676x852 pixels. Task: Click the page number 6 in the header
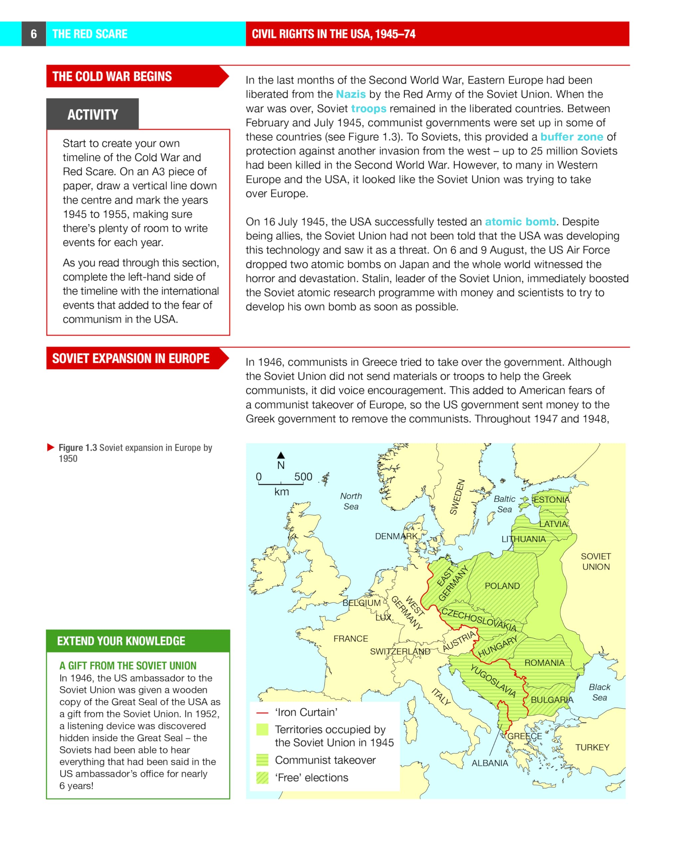pos(34,34)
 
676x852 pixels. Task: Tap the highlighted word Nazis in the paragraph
pos(350,94)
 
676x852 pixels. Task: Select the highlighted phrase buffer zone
pos(571,137)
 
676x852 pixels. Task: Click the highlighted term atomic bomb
pos(520,222)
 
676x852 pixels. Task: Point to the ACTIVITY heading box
pos(92,114)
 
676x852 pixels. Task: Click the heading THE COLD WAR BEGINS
pos(112,76)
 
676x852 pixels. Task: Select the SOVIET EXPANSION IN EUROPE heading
pos(131,358)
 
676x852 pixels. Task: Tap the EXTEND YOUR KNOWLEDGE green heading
pos(121,641)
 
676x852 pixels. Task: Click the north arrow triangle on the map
pos(280,455)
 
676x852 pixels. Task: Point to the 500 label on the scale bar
pos(303,477)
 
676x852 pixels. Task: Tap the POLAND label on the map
pos(502,586)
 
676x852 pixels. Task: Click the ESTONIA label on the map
pos(552,500)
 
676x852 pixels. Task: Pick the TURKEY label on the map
pos(592,747)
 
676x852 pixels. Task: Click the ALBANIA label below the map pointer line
pos(489,763)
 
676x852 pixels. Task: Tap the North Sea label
pos(351,501)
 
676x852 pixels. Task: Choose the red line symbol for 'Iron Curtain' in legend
pos(262,713)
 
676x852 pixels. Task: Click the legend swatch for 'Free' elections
pos(262,778)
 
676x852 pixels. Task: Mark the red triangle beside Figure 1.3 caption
pos(51,447)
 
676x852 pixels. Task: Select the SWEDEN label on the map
pos(457,497)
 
